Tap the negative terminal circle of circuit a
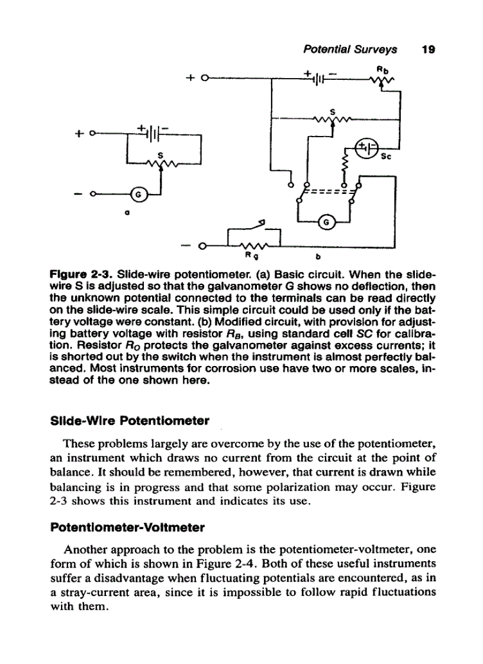pos(92,194)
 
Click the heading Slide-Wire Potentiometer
pos(130,422)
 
